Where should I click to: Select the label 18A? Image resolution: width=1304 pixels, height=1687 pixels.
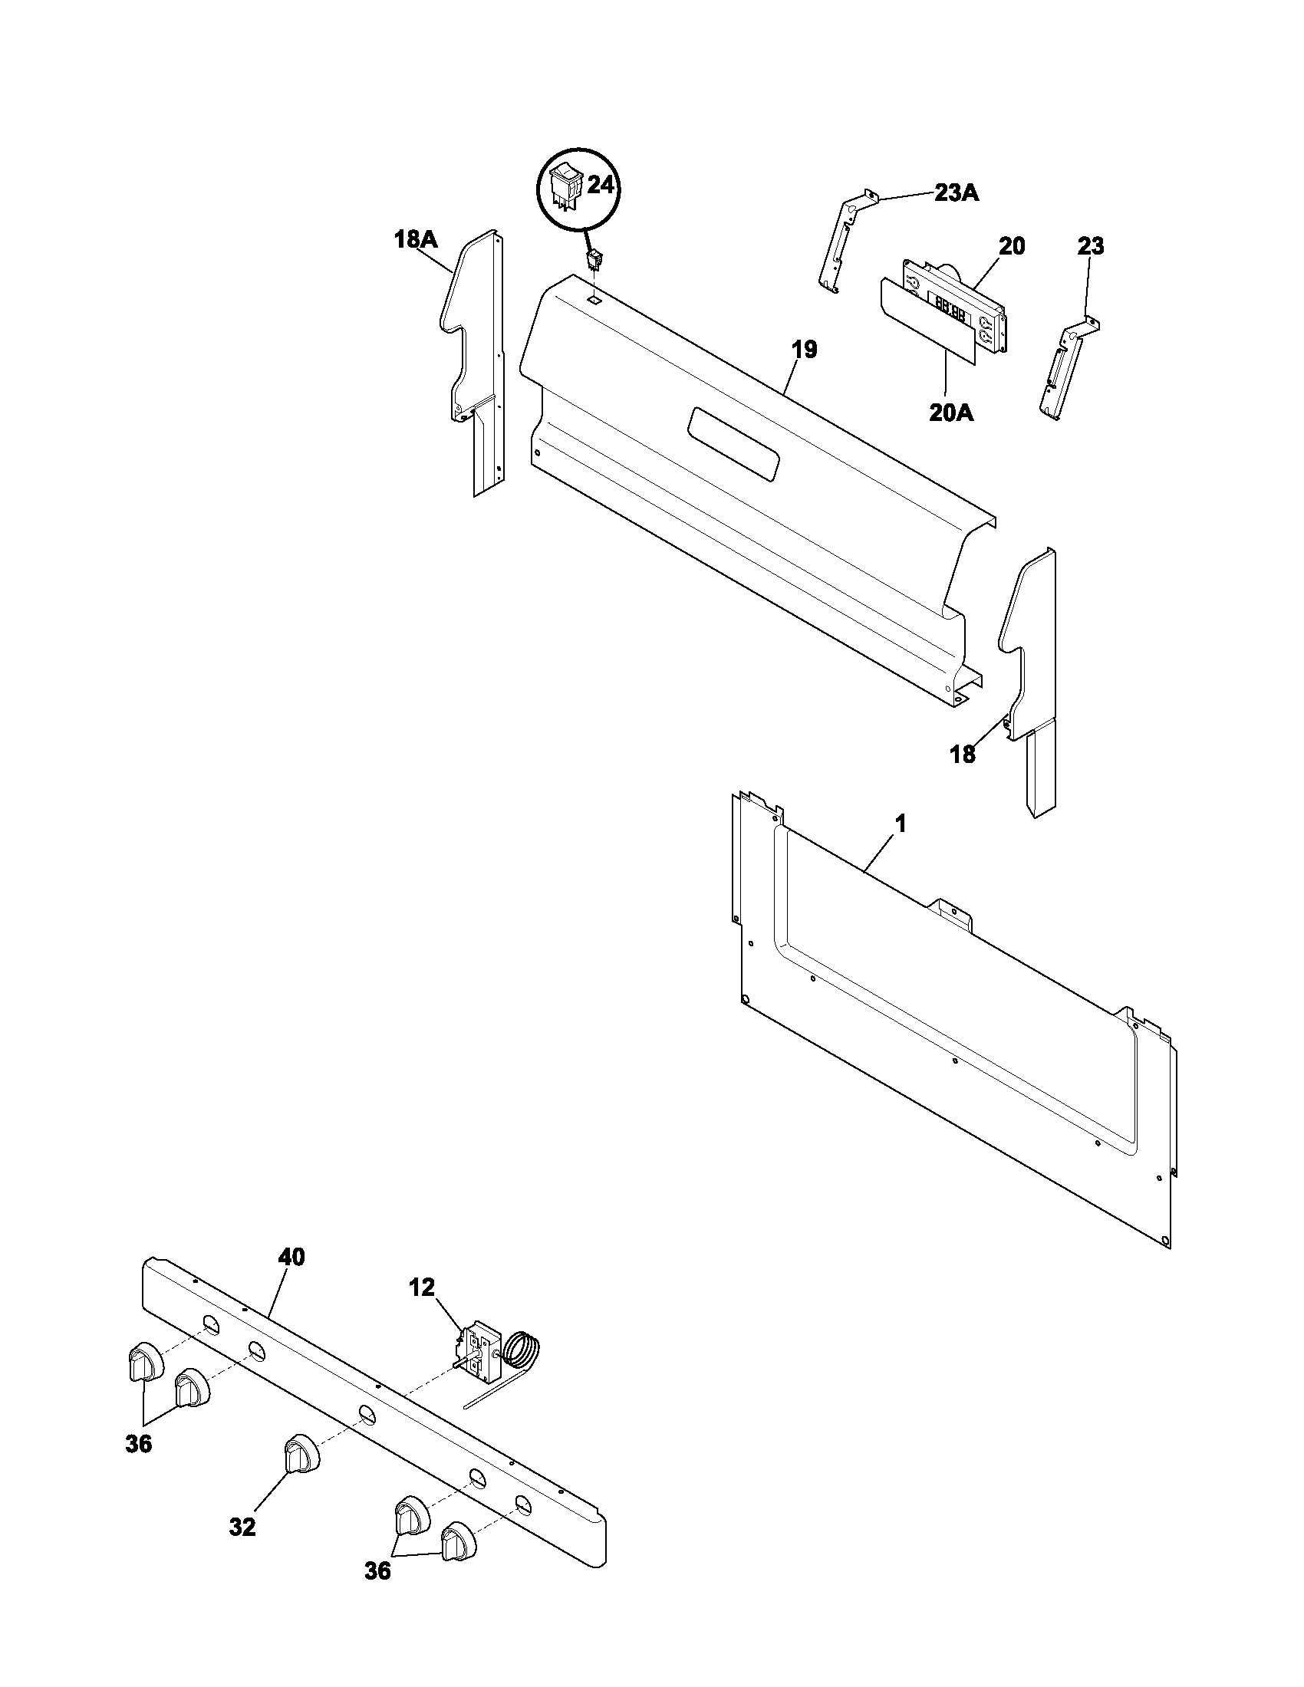[x=416, y=239]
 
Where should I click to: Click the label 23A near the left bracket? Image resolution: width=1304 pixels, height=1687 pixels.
[x=956, y=192]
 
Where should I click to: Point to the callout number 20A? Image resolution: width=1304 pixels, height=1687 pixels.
[x=951, y=413]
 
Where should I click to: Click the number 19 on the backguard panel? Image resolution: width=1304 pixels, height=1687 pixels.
[x=803, y=350]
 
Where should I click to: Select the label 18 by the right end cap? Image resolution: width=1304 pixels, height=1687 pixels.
[x=963, y=755]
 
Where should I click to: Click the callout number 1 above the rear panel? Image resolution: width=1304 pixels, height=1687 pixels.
[x=900, y=824]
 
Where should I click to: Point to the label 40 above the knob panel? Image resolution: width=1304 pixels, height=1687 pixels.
[x=291, y=1257]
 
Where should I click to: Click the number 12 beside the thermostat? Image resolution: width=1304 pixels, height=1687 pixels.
[x=422, y=1287]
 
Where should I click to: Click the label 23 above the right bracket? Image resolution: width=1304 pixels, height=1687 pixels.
[x=1091, y=248]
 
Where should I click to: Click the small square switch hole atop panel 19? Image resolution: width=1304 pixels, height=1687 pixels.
[x=592, y=298]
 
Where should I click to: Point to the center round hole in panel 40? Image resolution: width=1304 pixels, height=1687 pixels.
[x=366, y=1413]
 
